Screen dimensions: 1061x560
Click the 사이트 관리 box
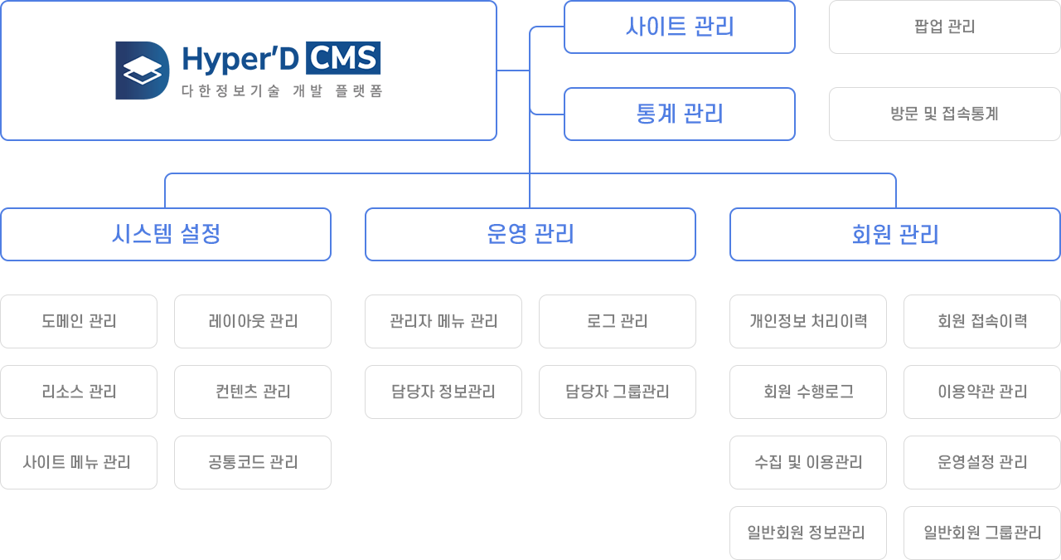coord(679,27)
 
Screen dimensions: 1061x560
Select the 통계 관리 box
coord(679,114)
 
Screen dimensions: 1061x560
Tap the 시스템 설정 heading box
coord(166,234)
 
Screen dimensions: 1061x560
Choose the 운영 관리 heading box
coord(530,234)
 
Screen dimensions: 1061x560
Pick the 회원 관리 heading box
coord(894,234)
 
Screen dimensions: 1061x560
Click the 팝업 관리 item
coord(944,27)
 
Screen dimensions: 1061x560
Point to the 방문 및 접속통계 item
coord(944,114)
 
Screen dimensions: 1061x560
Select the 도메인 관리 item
coord(79,322)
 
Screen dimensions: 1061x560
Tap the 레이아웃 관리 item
coord(253,322)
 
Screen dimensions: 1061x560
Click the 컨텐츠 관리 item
coord(253,392)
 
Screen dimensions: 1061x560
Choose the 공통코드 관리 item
coord(253,462)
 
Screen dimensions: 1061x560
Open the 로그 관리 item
coord(618,322)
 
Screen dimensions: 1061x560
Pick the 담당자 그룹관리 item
coord(618,392)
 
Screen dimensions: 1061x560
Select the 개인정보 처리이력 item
coord(808,322)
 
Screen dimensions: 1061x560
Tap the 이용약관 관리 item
coord(982,392)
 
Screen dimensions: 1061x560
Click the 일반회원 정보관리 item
coord(808,533)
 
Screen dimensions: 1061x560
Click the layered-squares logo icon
coord(142,71)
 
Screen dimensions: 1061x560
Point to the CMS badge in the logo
coord(343,58)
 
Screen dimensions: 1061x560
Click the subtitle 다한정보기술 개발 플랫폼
coord(282,90)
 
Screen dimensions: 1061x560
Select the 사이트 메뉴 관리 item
coord(79,462)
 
